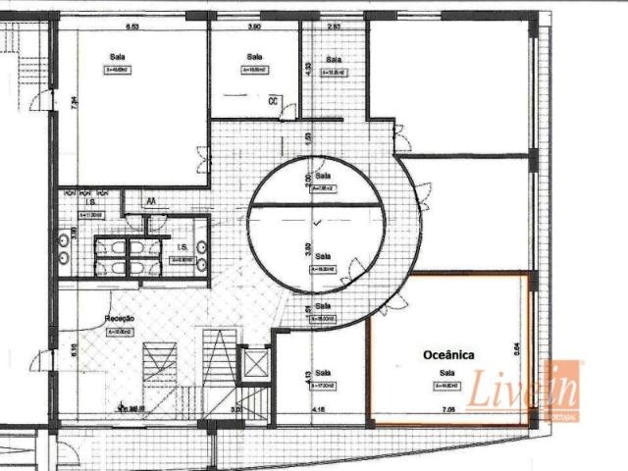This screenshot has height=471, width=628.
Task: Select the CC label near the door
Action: [x=275, y=100]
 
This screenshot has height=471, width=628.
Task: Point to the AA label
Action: [x=151, y=201]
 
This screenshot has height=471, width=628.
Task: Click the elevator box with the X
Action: [x=254, y=365]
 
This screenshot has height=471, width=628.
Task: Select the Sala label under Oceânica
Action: [x=447, y=373]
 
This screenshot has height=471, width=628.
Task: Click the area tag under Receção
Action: [x=120, y=333]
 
